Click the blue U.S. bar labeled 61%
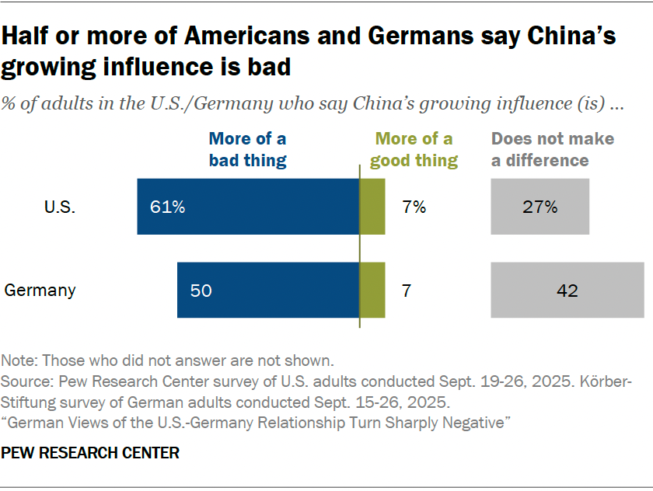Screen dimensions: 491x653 247,207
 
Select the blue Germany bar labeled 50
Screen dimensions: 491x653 267,291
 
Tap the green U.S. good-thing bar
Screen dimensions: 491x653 372,207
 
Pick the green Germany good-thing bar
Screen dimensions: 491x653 372,291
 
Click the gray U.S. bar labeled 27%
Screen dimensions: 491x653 540,207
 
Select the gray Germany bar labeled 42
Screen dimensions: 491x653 567,291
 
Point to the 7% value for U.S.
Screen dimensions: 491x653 414,207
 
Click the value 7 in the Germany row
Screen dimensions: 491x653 407,291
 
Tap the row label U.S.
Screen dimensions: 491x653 60,207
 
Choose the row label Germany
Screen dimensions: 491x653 40,291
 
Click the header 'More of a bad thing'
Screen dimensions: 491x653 247,150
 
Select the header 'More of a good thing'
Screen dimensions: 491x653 414,150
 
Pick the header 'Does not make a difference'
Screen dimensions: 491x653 552,150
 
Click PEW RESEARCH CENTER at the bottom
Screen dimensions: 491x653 90,453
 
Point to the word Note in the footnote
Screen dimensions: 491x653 18,360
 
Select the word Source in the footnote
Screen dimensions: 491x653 24,382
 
